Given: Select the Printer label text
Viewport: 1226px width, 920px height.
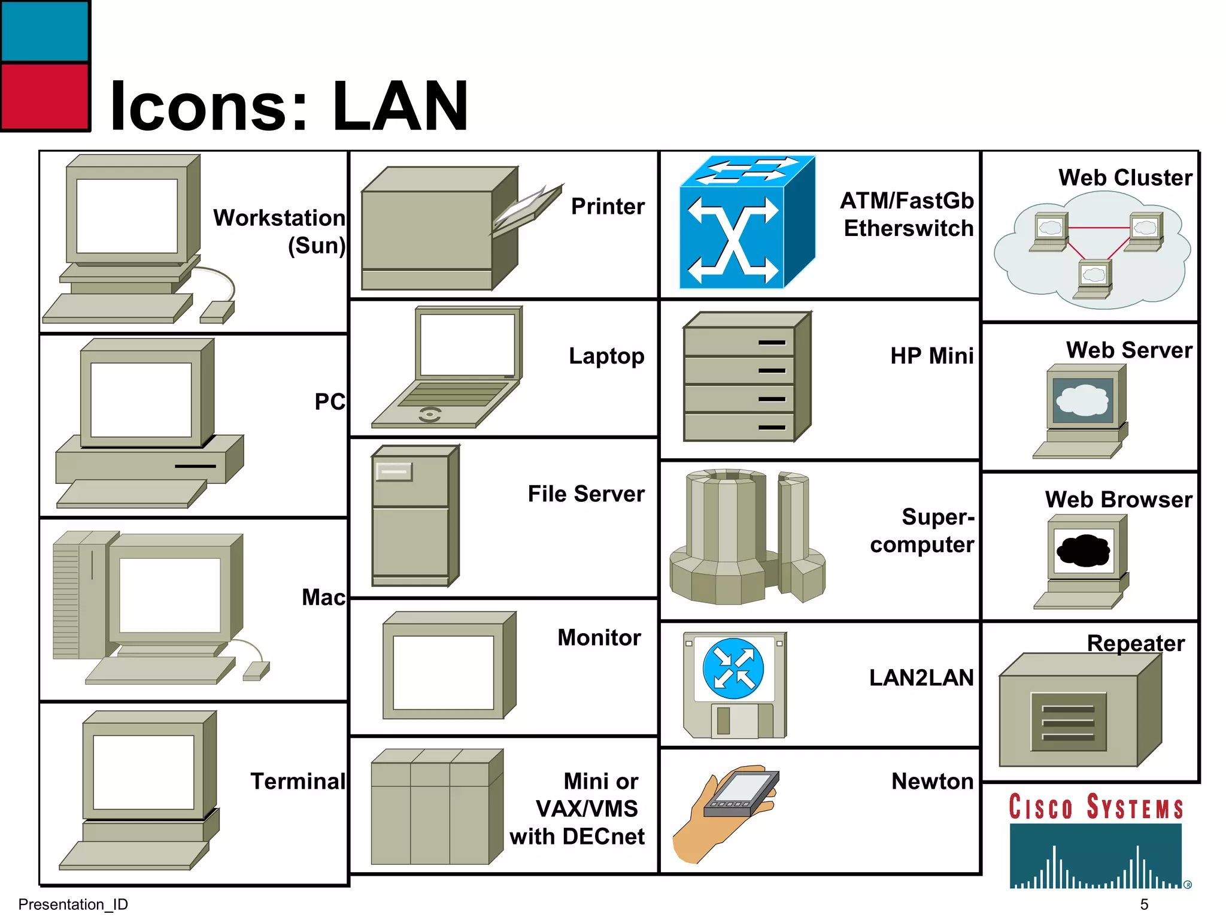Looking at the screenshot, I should click(x=608, y=206).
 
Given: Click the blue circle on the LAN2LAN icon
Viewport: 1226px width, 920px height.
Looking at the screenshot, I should click(x=733, y=668).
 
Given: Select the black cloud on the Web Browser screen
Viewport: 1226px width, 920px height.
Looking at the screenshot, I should click(x=1084, y=550).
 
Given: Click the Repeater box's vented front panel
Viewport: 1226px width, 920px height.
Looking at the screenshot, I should click(x=1068, y=722).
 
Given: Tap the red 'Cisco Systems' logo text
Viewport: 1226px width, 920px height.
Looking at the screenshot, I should click(x=1095, y=807).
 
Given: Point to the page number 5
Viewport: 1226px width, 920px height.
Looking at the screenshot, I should click(x=1144, y=904).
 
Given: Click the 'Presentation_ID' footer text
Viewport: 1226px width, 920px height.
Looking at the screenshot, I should click(x=73, y=904).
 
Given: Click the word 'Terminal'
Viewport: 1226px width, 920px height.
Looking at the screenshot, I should click(x=298, y=781).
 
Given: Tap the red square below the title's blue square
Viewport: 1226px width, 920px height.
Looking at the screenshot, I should click(x=45, y=96).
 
